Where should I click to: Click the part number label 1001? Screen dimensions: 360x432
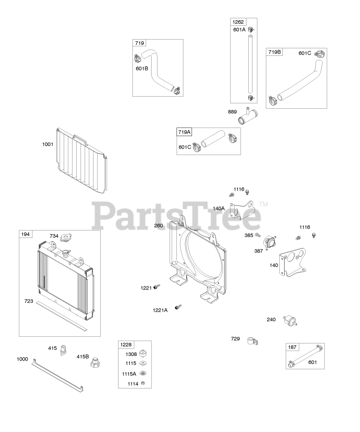pyautogui.click(x=48, y=144)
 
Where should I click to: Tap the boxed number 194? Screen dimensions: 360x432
pyautogui.click(x=25, y=234)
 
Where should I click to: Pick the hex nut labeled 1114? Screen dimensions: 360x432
pyautogui.click(x=143, y=383)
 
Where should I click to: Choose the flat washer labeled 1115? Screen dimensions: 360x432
pyautogui.click(x=143, y=363)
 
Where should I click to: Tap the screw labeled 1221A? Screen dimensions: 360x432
pyautogui.click(x=178, y=307)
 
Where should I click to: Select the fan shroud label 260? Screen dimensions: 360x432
pyautogui.click(x=159, y=225)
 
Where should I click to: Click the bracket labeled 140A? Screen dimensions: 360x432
pyautogui.click(x=242, y=210)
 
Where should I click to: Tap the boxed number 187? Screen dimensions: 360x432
pyautogui.click(x=292, y=347)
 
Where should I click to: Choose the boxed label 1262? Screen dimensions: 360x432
pyautogui.click(x=238, y=22)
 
